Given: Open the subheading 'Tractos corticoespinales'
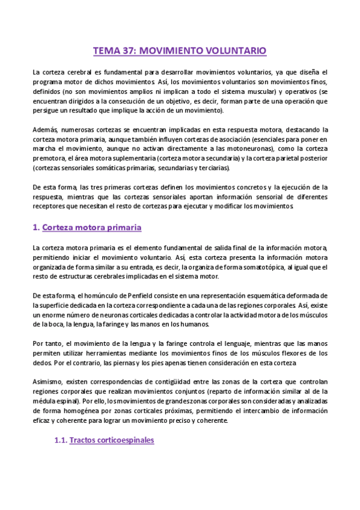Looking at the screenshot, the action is click(x=112, y=440).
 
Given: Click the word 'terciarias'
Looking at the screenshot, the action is click(x=213, y=168).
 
